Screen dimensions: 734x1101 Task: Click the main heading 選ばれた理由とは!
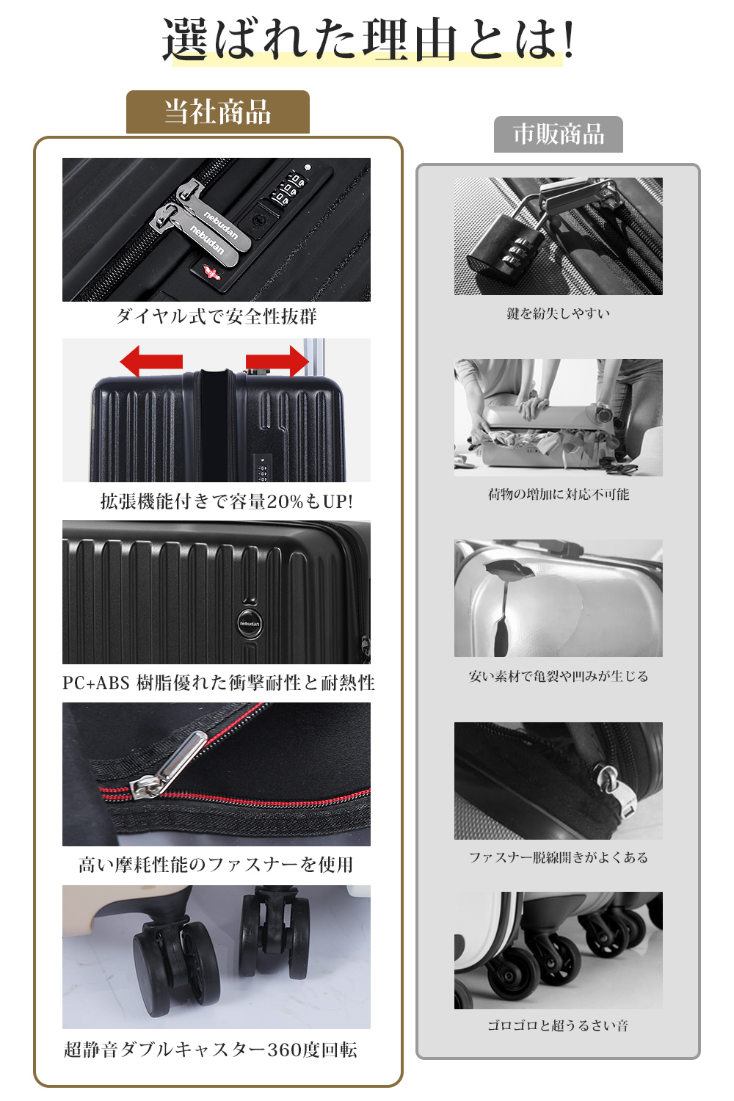point(368,40)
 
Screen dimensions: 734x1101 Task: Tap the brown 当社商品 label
point(218,112)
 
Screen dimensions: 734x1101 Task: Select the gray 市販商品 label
point(559,134)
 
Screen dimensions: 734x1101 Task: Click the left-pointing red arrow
point(151,361)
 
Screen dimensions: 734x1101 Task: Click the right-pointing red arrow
point(277,361)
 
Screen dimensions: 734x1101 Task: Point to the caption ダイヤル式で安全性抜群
point(217,316)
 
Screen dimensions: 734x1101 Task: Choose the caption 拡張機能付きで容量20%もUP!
point(227,501)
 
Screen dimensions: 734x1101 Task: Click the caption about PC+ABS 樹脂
point(218,683)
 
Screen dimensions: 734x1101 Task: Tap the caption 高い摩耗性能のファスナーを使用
point(216,865)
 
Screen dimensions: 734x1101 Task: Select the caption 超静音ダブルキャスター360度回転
point(211,1050)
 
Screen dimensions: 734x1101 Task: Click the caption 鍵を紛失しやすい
point(559,313)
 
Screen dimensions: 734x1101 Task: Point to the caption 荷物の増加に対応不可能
point(559,495)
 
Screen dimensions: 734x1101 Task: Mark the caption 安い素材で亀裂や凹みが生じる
point(559,676)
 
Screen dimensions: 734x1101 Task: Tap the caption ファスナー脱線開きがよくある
point(559,858)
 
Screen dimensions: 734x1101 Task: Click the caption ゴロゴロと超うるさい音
point(558,1025)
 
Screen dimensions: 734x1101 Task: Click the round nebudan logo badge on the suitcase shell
point(250,624)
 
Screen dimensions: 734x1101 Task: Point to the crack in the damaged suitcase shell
point(501,609)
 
